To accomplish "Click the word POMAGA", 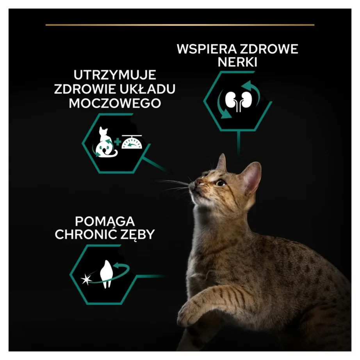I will [x=104, y=221].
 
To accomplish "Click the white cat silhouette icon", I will [x=103, y=143].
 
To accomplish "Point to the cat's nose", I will [x=199, y=182].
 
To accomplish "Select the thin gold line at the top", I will [x=180, y=25].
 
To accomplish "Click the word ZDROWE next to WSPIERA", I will [x=270, y=50].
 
